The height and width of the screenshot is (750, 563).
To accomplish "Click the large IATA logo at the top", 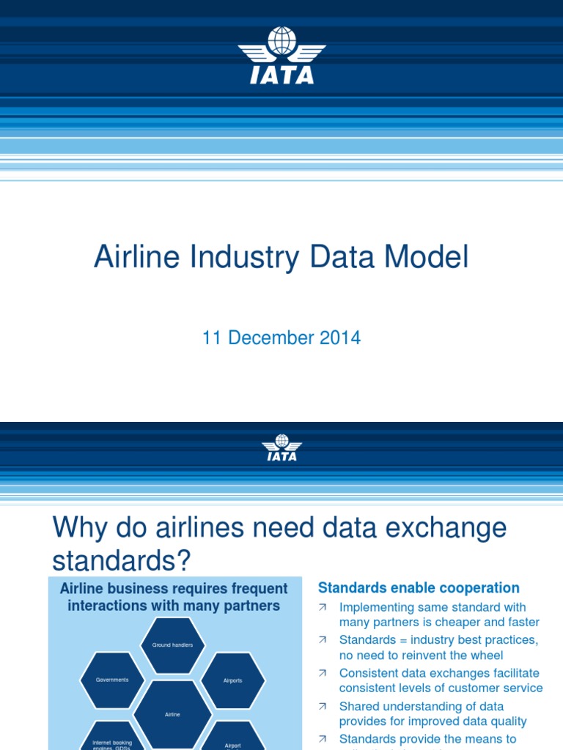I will (x=281, y=56).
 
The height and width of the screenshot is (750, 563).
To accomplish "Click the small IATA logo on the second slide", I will (x=281, y=448).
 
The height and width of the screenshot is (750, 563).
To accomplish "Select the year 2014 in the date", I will (x=339, y=338).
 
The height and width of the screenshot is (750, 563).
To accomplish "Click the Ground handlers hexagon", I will (x=172, y=645).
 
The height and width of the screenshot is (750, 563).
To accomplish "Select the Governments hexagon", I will (x=112, y=680).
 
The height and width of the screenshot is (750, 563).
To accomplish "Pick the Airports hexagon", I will (x=232, y=680).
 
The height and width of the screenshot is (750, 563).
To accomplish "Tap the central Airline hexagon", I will (x=172, y=714).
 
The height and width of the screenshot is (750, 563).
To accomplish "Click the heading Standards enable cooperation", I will (x=419, y=587).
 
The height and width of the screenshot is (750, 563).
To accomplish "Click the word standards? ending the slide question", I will (x=121, y=561).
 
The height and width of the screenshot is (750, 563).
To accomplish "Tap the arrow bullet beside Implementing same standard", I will (x=324, y=607).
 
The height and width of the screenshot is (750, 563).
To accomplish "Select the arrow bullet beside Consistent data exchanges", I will (x=324, y=673).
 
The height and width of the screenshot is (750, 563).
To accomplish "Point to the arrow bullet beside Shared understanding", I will (x=324, y=707).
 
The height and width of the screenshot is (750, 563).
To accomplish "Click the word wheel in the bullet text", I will (x=487, y=656).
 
